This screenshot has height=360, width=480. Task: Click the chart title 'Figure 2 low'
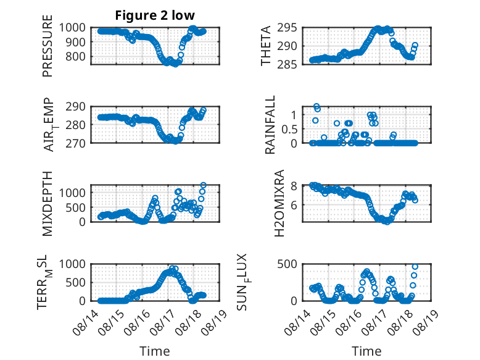tap(155, 15)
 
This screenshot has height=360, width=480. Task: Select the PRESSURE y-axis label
tap(48, 46)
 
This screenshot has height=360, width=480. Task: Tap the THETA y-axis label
tap(266, 46)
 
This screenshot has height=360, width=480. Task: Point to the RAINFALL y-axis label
tap(270, 125)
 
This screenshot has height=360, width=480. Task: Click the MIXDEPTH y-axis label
tap(48, 204)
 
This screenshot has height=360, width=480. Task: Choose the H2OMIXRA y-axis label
tap(279, 203)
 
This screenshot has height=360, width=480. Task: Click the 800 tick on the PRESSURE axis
tap(76, 57)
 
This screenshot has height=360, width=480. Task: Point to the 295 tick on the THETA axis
tap(287, 28)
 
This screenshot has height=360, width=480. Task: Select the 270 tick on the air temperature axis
tap(76, 143)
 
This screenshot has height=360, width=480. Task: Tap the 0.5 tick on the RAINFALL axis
tap(289, 129)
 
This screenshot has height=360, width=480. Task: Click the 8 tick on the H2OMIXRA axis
tap(294, 186)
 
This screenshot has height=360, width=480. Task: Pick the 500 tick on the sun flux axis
tap(287, 264)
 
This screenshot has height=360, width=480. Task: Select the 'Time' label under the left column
tap(155, 351)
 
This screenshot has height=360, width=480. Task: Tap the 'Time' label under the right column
tap(366, 351)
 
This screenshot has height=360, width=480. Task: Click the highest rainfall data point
tap(317, 106)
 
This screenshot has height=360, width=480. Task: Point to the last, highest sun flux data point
tap(415, 267)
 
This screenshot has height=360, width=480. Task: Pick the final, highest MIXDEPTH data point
tap(203, 185)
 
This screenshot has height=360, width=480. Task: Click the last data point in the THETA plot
tap(415, 45)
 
